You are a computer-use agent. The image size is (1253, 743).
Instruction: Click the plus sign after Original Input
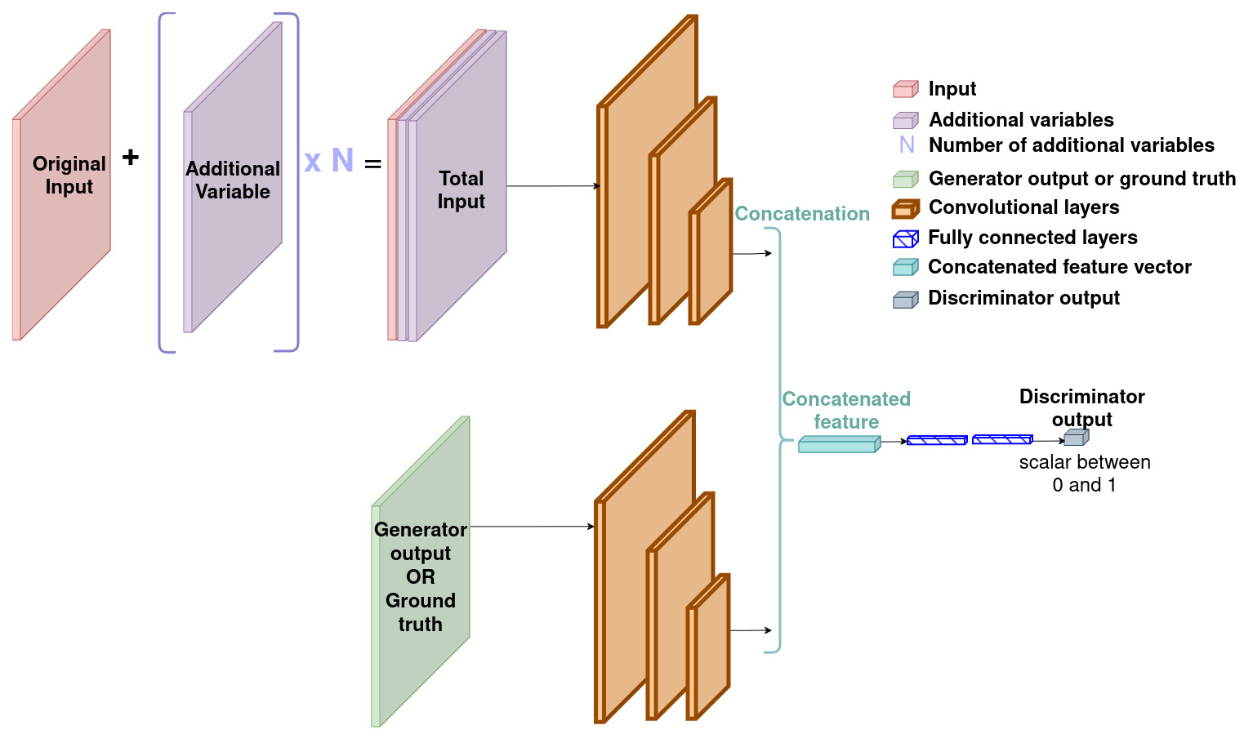pyautogui.click(x=131, y=157)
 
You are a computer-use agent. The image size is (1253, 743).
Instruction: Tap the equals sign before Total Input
pyautogui.click(x=372, y=164)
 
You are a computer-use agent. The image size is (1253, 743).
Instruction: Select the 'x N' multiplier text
pyautogui.click(x=328, y=160)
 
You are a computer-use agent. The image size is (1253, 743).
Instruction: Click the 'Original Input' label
pyautogui.click(x=69, y=175)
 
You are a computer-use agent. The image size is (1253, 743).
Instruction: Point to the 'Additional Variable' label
pyautogui.click(x=233, y=180)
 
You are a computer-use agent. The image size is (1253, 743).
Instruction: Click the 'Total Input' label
pyautogui.click(x=462, y=189)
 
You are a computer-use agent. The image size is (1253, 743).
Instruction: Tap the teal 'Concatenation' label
pyautogui.click(x=802, y=214)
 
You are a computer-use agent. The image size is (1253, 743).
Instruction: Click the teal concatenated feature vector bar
pyautogui.click(x=839, y=444)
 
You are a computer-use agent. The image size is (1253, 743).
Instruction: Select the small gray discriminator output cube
pyautogui.click(x=1076, y=438)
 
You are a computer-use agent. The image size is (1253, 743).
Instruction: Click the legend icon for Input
pyautogui.click(x=905, y=89)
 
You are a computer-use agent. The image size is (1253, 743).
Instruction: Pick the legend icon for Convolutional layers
pyautogui.click(x=905, y=209)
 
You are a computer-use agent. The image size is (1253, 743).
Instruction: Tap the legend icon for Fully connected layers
pyautogui.click(x=905, y=238)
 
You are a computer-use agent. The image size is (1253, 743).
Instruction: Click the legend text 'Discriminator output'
pyautogui.click(x=1023, y=298)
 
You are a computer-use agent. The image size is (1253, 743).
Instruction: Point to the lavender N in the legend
pyautogui.click(x=907, y=145)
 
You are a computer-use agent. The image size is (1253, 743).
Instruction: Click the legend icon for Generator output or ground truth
pyautogui.click(x=905, y=179)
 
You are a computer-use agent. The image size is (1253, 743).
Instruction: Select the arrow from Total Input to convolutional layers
pyautogui.click(x=553, y=186)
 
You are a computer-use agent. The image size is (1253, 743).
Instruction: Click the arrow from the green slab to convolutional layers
pyautogui.click(x=533, y=527)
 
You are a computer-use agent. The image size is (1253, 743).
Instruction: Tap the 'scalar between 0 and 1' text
pyautogui.click(x=1085, y=474)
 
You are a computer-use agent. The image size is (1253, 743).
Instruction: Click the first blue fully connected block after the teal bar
pyautogui.click(x=937, y=441)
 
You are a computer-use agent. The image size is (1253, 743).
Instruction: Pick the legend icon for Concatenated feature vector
pyautogui.click(x=905, y=267)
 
